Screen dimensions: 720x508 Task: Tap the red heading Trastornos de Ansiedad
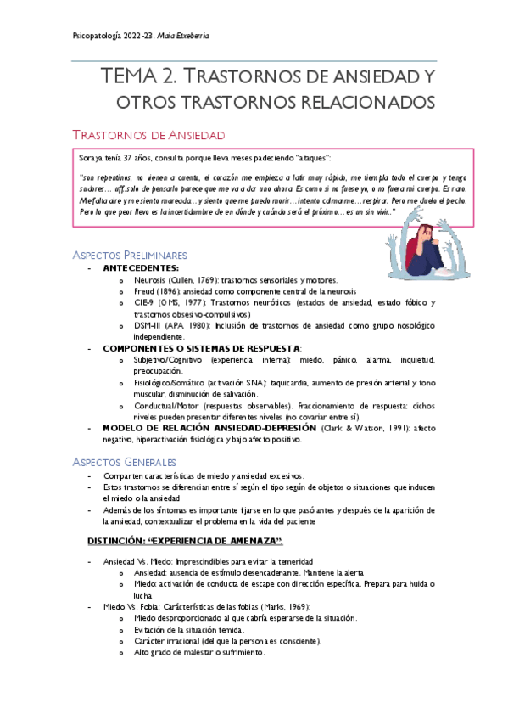[149, 134]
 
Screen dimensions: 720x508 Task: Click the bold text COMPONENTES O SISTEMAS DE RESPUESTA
[201, 348]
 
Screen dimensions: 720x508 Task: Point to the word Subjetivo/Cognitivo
[165, 360]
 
